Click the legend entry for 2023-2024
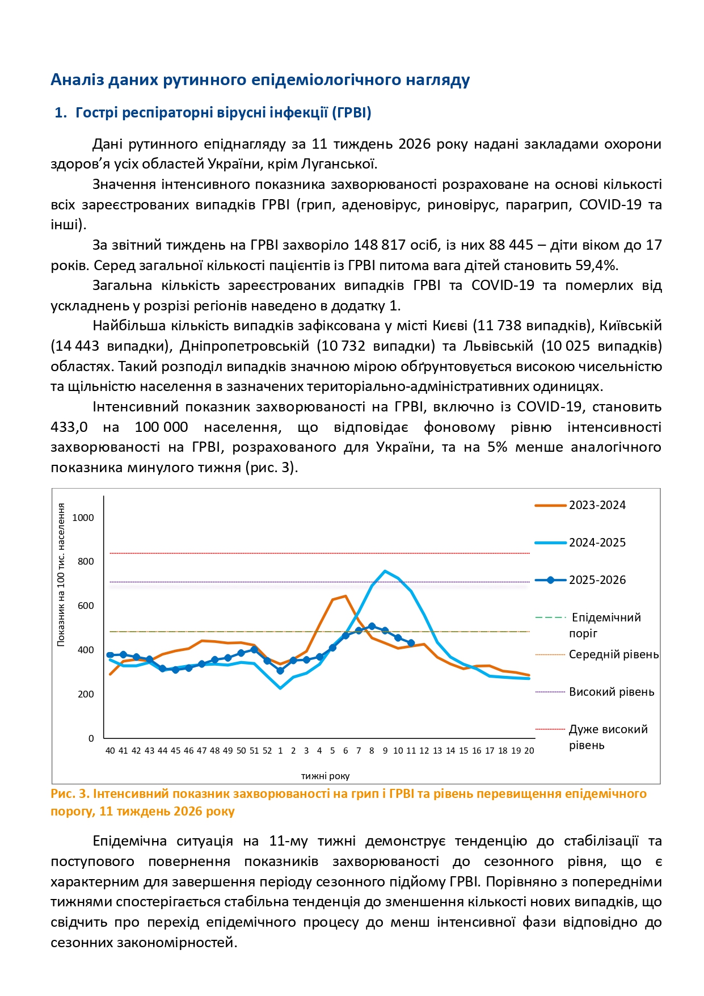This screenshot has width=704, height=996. point(597,505)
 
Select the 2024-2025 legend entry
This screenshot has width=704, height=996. point(597,543)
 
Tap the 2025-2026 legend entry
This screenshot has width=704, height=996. point(597,580)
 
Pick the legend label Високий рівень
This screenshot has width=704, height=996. point(612,692)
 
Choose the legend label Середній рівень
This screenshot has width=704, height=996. point(614,654)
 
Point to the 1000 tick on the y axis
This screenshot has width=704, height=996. point(83,518)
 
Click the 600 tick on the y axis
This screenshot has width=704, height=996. point(86,606)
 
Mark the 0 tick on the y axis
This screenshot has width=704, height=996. point(91,738)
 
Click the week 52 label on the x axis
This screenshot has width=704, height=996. point(267,750)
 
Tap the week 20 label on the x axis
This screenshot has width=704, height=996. point(529,750)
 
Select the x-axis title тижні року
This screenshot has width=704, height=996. point(325,776)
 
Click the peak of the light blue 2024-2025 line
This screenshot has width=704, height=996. point(385,571)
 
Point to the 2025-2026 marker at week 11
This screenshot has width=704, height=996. point(411,643)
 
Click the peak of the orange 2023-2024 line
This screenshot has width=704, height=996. point(345,596)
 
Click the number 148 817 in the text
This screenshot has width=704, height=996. point(380,245)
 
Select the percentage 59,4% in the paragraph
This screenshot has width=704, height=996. point(598,266)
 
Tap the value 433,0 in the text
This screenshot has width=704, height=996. point(69,427)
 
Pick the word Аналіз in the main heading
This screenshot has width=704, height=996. point(77,80)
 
